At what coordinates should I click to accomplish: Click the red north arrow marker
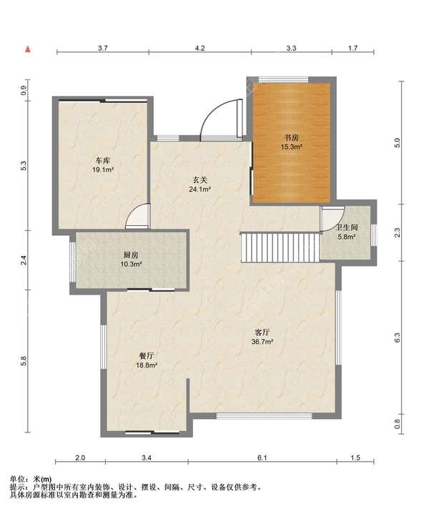tap(28, 49)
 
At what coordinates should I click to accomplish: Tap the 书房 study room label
tap(291, 138)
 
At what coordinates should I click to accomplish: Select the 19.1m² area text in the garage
tap(103, 170)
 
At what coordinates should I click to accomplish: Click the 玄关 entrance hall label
tap(199, 180)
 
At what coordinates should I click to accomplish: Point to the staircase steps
tap(280, 247)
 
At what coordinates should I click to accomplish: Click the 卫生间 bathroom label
tap(347, 227)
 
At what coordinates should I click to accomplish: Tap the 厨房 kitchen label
tap(131, 254)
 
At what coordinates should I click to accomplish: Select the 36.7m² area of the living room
tap(262, 341)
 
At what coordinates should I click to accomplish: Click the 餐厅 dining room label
tap(147, 356)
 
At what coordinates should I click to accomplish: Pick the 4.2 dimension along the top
tap(199, 48)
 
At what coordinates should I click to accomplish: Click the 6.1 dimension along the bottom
tap(262, 458)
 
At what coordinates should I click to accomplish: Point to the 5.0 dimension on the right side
tap(398, 142)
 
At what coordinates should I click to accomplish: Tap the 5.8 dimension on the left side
tap(24, 360)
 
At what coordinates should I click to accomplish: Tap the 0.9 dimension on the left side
tap(24, 90)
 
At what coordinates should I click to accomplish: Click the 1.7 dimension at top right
tap(352, 48)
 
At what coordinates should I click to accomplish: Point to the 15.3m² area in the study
tap(291, 147)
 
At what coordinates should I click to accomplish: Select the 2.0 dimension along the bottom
tap(80, 458)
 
